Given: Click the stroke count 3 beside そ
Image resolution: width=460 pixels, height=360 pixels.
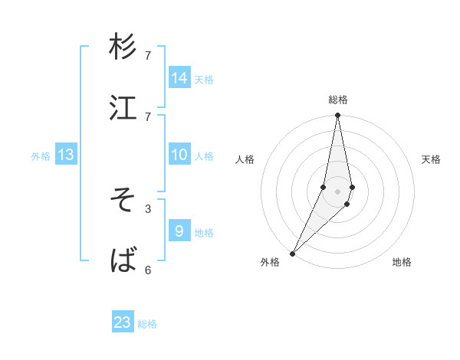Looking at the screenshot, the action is (148, 208).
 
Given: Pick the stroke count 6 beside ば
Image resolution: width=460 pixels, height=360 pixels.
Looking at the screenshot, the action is (148, 270).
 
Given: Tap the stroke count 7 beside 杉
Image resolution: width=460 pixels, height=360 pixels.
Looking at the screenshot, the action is (148, 55).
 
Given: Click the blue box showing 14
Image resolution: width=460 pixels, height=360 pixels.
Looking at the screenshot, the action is (179, 78).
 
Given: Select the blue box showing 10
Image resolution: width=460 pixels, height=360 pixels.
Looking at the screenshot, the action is (179, 155).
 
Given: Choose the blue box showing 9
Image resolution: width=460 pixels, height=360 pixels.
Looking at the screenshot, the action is (179, 230).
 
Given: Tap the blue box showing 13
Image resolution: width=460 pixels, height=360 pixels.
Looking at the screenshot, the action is (66, 155).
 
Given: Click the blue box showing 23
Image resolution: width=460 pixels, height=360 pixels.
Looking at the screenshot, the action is (123, 322).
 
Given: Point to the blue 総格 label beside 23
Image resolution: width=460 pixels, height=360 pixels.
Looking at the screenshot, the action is (148, 324).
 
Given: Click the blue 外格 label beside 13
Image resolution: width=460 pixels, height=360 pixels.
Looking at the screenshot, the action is (41, 156).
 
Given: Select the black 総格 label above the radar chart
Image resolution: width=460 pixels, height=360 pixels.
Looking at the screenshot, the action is (338, 100).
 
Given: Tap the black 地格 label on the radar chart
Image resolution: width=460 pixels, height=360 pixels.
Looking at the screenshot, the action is (402, 263).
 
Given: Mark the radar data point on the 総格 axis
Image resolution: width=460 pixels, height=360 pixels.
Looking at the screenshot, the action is (337, 116).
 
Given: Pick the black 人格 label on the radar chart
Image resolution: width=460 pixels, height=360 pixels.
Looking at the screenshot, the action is (245, 159).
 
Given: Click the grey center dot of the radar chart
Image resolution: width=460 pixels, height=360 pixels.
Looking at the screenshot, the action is (337, 191).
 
